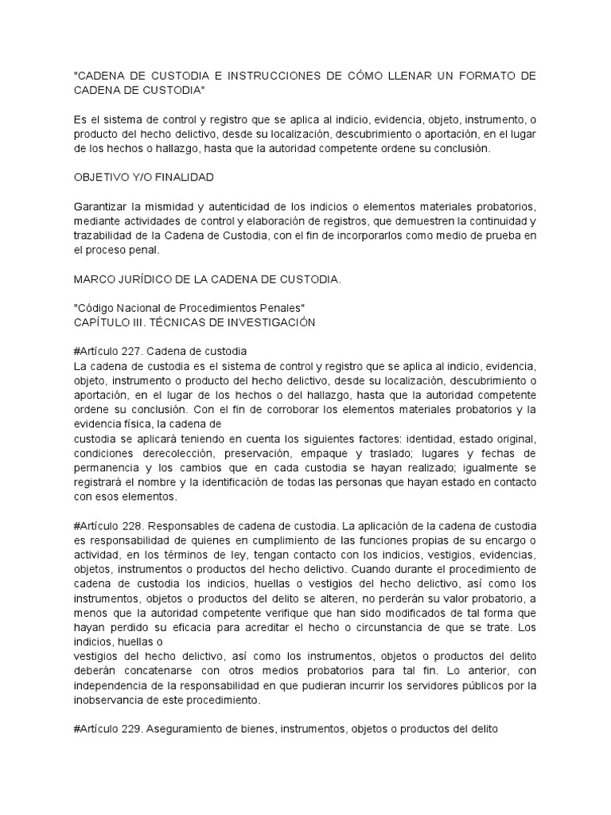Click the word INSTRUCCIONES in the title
(261, 76)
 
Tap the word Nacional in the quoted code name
(149, 308)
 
